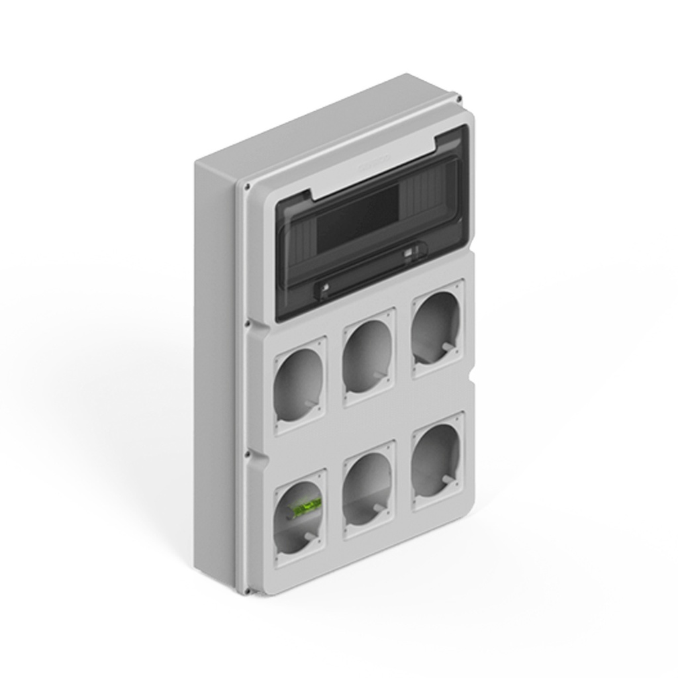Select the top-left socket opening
[299, 385]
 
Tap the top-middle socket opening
[368, 356]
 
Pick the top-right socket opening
[436, 327]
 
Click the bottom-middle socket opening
[368, 488]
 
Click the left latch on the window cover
[326, 287]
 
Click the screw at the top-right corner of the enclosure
[459, 99]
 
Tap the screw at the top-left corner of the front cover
[247, 187]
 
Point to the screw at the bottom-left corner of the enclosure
[247, 591]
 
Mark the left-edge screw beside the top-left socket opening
[247, 324]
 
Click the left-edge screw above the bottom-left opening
[247, 455]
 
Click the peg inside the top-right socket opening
[448, 346]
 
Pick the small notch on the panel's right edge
[473, 379]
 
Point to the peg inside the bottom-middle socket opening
[379, 508]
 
